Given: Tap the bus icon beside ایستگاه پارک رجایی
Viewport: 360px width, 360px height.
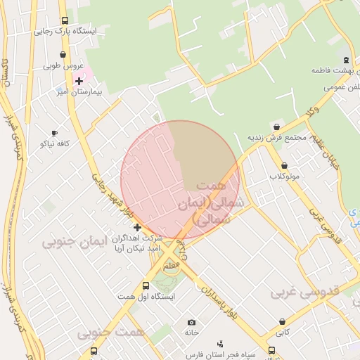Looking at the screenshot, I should click(65, 21).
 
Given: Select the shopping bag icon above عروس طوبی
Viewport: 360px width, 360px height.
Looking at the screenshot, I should click(63, 54).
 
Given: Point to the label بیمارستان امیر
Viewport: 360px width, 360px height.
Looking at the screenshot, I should click(79, 92).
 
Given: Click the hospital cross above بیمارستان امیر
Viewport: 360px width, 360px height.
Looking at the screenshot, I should click(79, 82).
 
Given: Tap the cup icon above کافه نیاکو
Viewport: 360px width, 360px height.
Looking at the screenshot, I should click(54, 133).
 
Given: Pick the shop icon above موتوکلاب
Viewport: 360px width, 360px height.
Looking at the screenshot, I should click(284, 166).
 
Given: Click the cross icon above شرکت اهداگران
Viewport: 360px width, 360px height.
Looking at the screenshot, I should click(137, 227).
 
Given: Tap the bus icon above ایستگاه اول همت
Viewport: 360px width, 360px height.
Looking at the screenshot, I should click(146, 286).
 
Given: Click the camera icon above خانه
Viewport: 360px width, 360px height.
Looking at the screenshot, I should click(191, 322).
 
